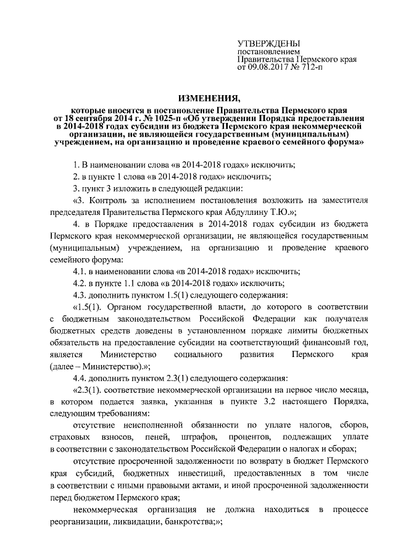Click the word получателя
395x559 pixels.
point(344,319)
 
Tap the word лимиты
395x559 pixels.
point(286,330)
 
